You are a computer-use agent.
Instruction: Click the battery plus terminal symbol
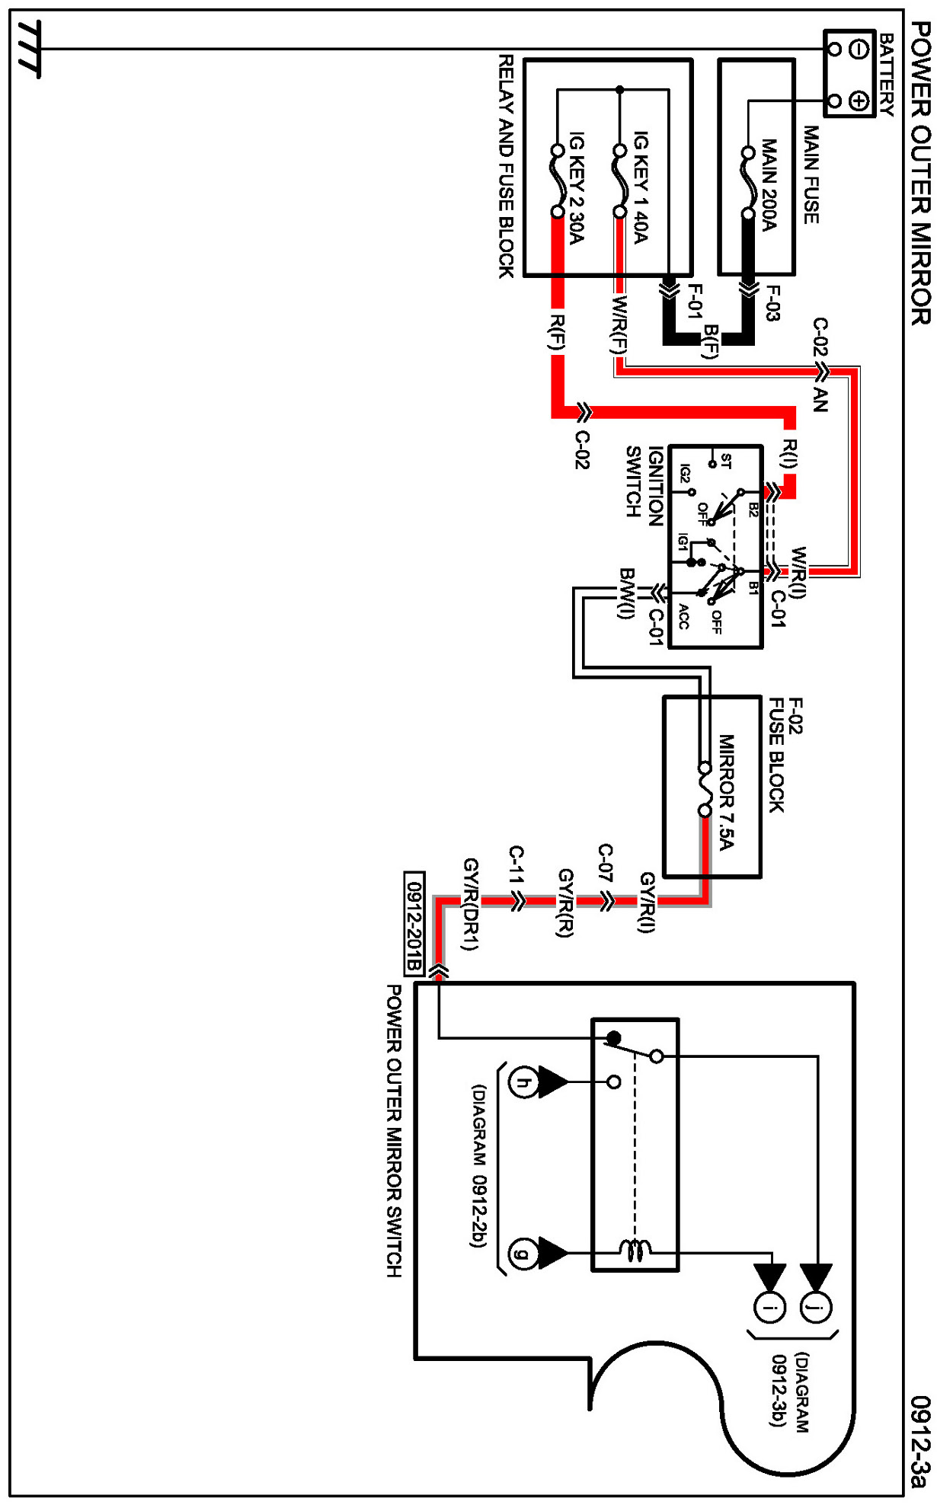[x=859, y=101]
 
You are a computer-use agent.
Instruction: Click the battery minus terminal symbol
[x=859, y=50]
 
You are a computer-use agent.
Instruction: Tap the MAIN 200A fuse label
[x=769, y=184]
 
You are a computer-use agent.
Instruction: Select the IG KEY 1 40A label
[x=641, y=187]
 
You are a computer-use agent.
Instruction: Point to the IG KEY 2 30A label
[x=577, y=187]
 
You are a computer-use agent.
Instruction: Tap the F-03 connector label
[x=772, y=303]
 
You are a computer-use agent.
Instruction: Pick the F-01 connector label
[x=694, y=302]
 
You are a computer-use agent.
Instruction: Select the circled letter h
[x=523, y=1082]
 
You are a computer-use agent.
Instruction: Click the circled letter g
[x=523, y=1253]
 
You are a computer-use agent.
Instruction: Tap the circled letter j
[x=816, y=1308]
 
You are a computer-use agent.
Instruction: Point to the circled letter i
[x=769, y=1308]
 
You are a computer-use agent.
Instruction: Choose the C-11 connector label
[x=516, y=864]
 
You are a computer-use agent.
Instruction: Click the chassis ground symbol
[x=29, y=50]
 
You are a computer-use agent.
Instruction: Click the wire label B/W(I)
[x=626, y=594]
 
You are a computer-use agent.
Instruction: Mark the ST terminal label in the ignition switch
[x=726, y=462]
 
